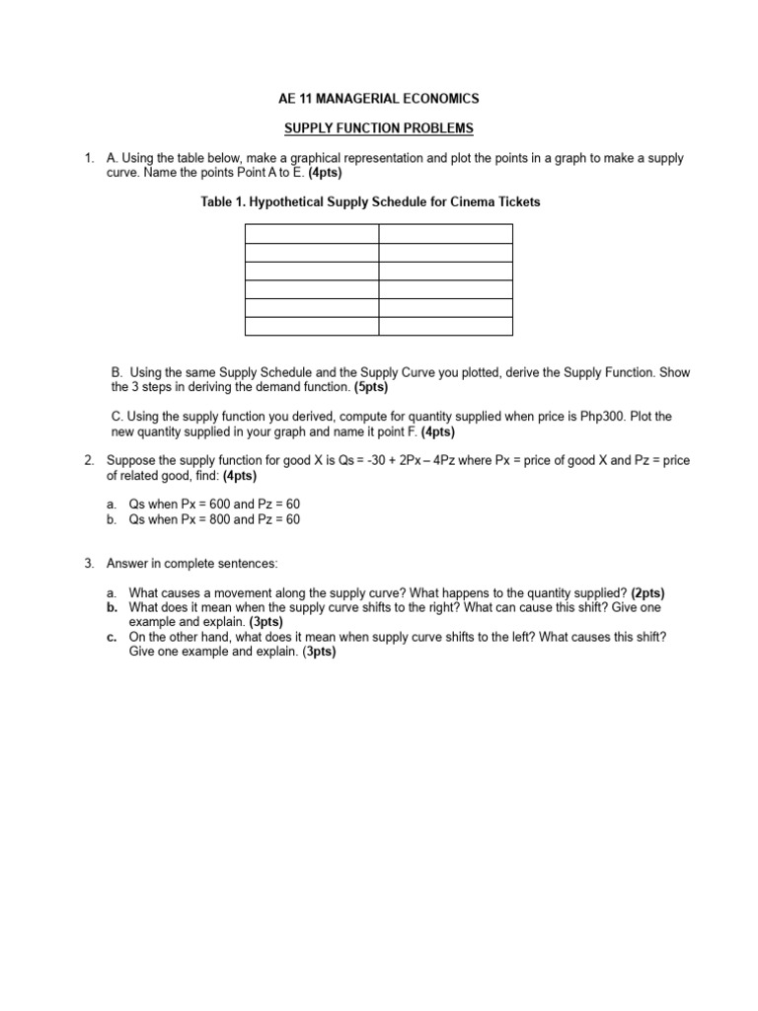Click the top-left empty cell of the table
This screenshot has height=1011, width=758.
point(311,233)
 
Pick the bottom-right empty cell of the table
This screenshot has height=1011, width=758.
point(446,327)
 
